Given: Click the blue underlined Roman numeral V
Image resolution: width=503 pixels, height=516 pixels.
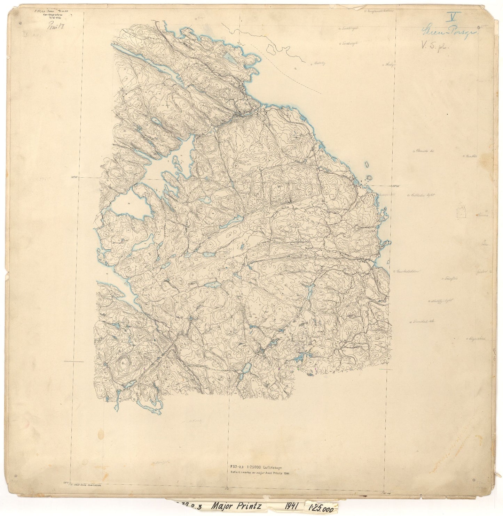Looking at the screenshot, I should click(454, 16).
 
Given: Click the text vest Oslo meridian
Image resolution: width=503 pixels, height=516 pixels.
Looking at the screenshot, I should click(86, 485).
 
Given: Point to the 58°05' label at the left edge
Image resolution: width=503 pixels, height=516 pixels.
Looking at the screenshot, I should click(74, 177).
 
